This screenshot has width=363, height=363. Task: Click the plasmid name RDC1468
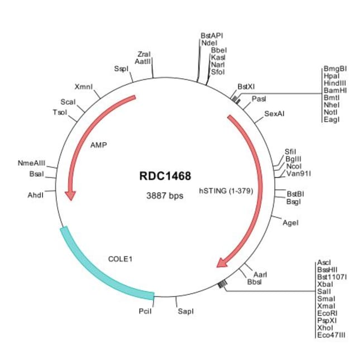(165, 176)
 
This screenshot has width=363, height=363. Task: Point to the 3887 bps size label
(165, 196)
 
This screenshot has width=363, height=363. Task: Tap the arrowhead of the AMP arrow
(70, 195)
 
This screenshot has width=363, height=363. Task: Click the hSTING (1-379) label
(226, 191)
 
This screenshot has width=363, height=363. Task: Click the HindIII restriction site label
(335, 83)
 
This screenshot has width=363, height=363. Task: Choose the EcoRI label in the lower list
(327, 313)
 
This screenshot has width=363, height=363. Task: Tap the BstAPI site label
(212, 36)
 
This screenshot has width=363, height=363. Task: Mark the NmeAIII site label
(31, 163)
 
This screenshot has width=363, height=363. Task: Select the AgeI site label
(290, 223)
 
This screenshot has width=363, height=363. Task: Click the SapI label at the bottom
(185, 311)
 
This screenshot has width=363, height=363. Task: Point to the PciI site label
(145, 311)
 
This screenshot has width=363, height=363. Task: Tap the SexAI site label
(274, 114)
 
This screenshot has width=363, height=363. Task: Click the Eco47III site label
(331, 335)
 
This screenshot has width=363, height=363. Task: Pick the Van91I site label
(299, 173)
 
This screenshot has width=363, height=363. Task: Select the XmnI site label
(84, 87)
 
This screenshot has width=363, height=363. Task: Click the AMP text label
(99, 145)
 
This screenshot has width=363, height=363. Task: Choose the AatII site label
(142, 61)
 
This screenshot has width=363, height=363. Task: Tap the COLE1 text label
(121, 259)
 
